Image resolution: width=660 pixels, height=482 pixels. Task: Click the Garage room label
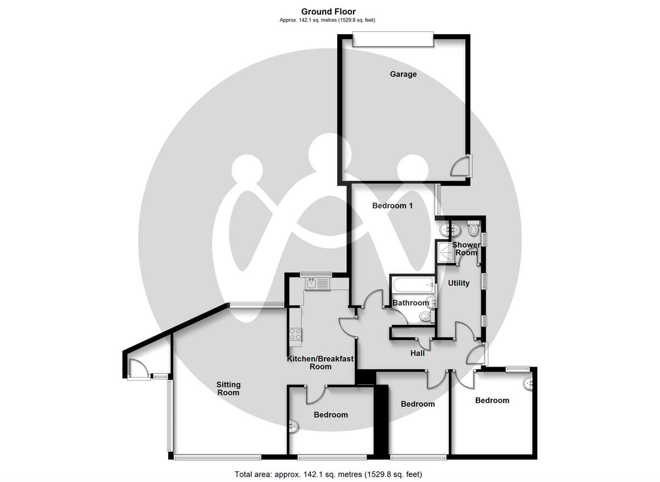pyautogui.click(x=403, y=74)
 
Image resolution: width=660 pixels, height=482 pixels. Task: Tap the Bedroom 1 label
pyautogui.click(x=392, y=206)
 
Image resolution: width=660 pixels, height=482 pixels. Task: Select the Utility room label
pyautogui.click(x=459, y=283)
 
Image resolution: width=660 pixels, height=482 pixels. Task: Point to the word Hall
pyautogui.click(x=417, y=353)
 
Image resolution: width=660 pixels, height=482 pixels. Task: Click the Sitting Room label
pyautogui.click(x=228, y=389)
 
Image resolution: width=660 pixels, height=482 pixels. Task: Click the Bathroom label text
pyautogui.click(x=410, y=303)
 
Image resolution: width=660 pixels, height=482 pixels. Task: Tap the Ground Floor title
pyautogui.click(x=328, y=12)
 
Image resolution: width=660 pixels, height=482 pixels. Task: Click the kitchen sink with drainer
pyautogui.click(x=317, y=284)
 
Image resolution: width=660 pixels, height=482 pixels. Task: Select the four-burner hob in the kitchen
pyautogui.click(x=295, y=333)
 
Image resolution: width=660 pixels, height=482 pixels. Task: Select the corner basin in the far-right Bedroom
pyautogui.click(x=529, y=383)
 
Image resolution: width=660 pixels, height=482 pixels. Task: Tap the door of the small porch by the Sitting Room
pyautogui.click(x=136, y=369)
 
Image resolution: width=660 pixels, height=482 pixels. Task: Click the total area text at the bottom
pyautogui.click(x=328, y=474)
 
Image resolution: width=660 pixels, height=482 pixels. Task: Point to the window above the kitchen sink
pyautogui.click(x=316, y=274)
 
